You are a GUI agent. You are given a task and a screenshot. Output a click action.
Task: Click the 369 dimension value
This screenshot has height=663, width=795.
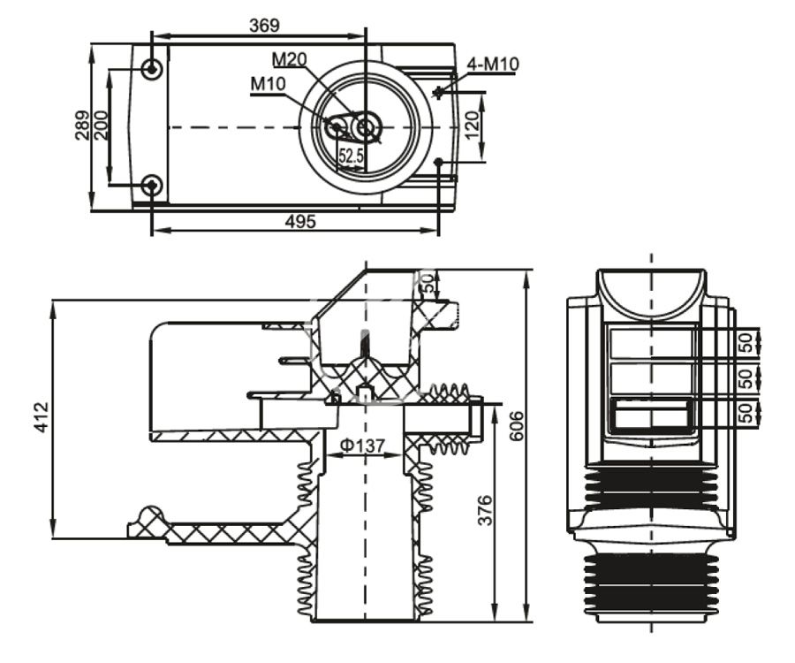[x=264, y=26]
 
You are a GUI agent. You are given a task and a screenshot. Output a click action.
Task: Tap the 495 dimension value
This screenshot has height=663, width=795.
[x=299, y=222]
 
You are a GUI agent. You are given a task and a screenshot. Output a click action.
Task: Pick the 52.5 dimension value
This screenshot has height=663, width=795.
[x=351, y=156]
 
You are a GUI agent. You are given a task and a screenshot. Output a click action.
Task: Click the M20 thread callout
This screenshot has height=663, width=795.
[x=289, y=60]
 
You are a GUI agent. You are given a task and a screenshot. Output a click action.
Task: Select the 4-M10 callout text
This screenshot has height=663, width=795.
[x=494, y=65]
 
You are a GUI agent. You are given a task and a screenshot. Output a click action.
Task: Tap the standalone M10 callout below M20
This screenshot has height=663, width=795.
[x=268, y=83]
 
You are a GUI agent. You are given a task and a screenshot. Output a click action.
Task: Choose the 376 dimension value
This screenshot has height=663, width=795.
[x=484, y=511]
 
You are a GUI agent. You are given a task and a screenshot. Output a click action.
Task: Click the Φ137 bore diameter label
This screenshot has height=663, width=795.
[x=363, y=446]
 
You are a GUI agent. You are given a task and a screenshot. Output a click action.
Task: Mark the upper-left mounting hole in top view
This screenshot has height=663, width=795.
[x=153, y=69]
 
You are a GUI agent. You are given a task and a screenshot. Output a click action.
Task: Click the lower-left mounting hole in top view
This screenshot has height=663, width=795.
[x=153, y=186]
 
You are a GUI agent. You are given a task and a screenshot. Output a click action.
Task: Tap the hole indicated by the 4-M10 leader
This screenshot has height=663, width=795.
[x=439, y=91]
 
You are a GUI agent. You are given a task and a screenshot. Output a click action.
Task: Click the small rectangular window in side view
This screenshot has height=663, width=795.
[x=651, y=414]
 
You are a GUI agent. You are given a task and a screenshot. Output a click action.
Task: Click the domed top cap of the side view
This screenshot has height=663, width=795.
[x=651, y=293]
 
